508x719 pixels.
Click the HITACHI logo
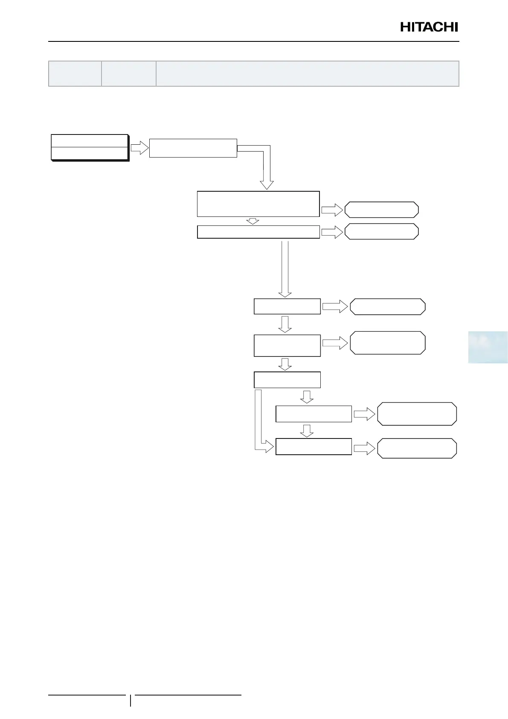click(x=429, y=27)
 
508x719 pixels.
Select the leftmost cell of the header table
click(x=75, y=73)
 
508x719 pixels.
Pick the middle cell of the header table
click(x=128, y=73)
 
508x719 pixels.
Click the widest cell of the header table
click(x=307, y=73)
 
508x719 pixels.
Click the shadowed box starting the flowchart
click(x=90, y=148)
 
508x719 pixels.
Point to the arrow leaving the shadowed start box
click(x=139, y=148)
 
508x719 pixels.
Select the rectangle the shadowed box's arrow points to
click(x=193, y=148)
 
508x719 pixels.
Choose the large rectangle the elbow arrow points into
click(x=258, y=204)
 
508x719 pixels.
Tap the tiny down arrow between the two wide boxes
click(x=253, y=221)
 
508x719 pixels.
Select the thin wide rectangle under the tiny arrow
click(x=258, y=232)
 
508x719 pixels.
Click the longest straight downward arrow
click(x=285, y=269)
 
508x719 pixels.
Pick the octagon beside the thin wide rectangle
click(x=381, y=231)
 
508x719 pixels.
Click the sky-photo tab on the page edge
click(x=488, y=347)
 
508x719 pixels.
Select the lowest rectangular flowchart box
click(x=314, y=447)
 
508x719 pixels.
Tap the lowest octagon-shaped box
click(x=417, y=448)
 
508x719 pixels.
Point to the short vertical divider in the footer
click(x=131, y=700)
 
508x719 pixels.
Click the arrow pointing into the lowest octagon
click(x=364, y=448)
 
